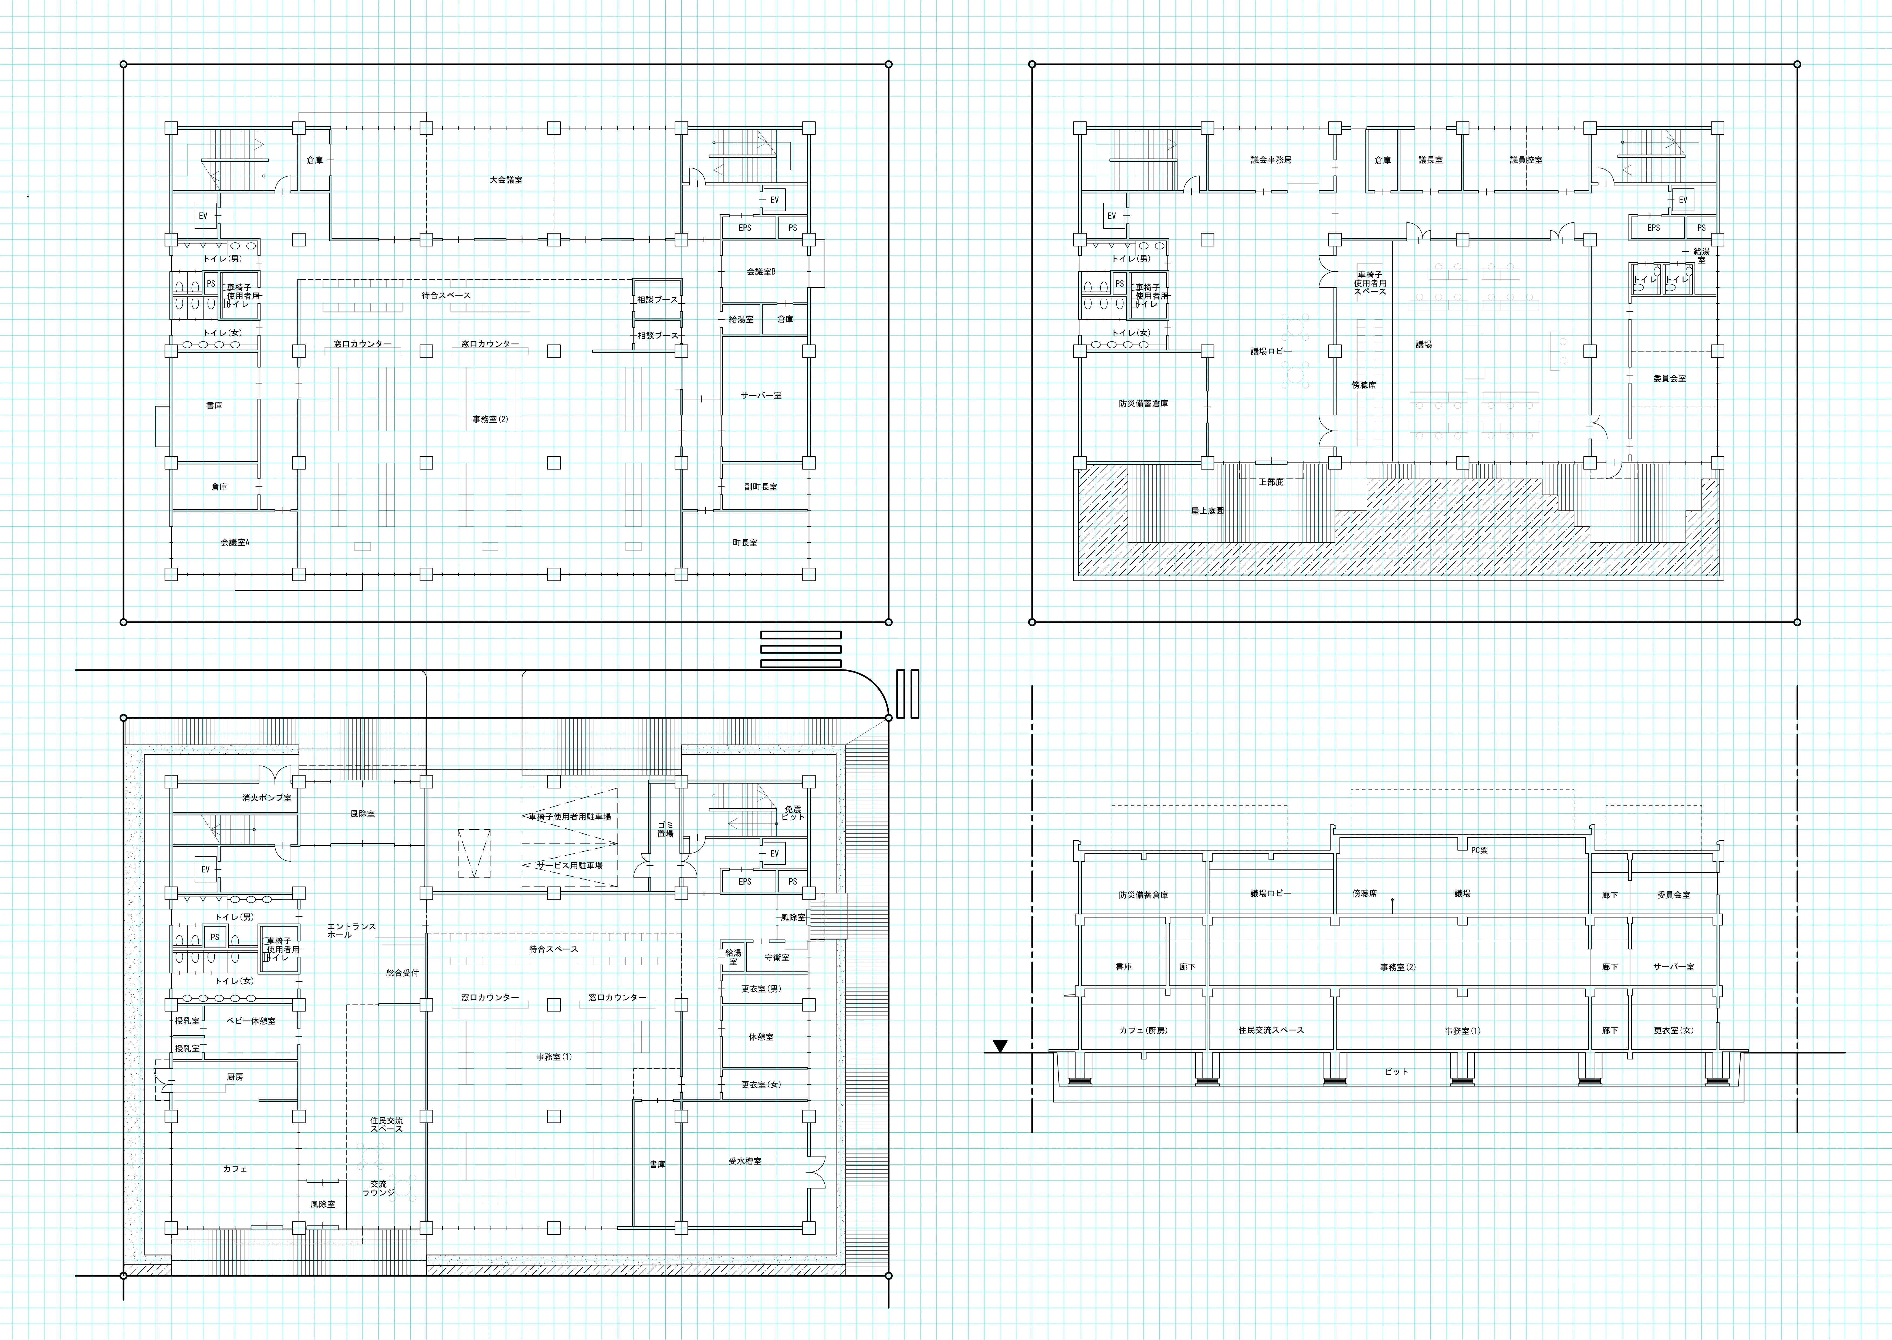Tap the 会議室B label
coord(761,272)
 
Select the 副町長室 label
coord(761,487)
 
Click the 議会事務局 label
coord(1271,160)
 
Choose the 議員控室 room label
coord(1527,160)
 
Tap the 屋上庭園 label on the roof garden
coord(1207,511)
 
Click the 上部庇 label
coord(1271,482)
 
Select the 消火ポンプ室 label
coord(266,798)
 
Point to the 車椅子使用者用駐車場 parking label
coord(570,817)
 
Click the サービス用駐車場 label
coord(570,865)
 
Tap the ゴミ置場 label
coord(665,829)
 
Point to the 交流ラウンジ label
coord(378,1188)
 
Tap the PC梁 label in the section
coord(1480,850)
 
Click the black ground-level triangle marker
coord(1000,1046)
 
